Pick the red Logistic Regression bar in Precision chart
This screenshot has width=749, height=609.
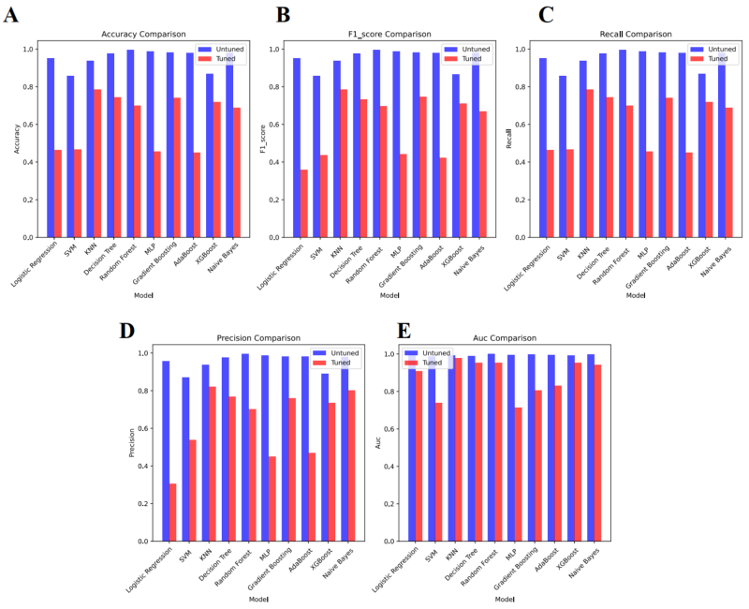click(x=172, y=512)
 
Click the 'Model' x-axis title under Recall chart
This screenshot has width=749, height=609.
click(x=637, y=295)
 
